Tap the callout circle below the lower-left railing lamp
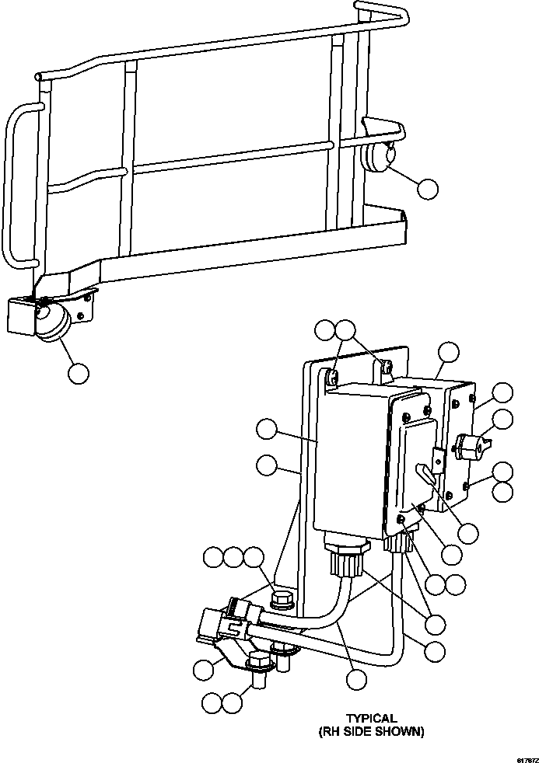[x=78, y=373]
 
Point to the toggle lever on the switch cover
[x=424, y=473]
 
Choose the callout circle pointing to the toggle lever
[x=467, y=532]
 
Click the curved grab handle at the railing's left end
[x=17, y=186]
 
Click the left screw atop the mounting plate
[x=331, y=378]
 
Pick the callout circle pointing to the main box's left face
[x=267, y=429]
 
